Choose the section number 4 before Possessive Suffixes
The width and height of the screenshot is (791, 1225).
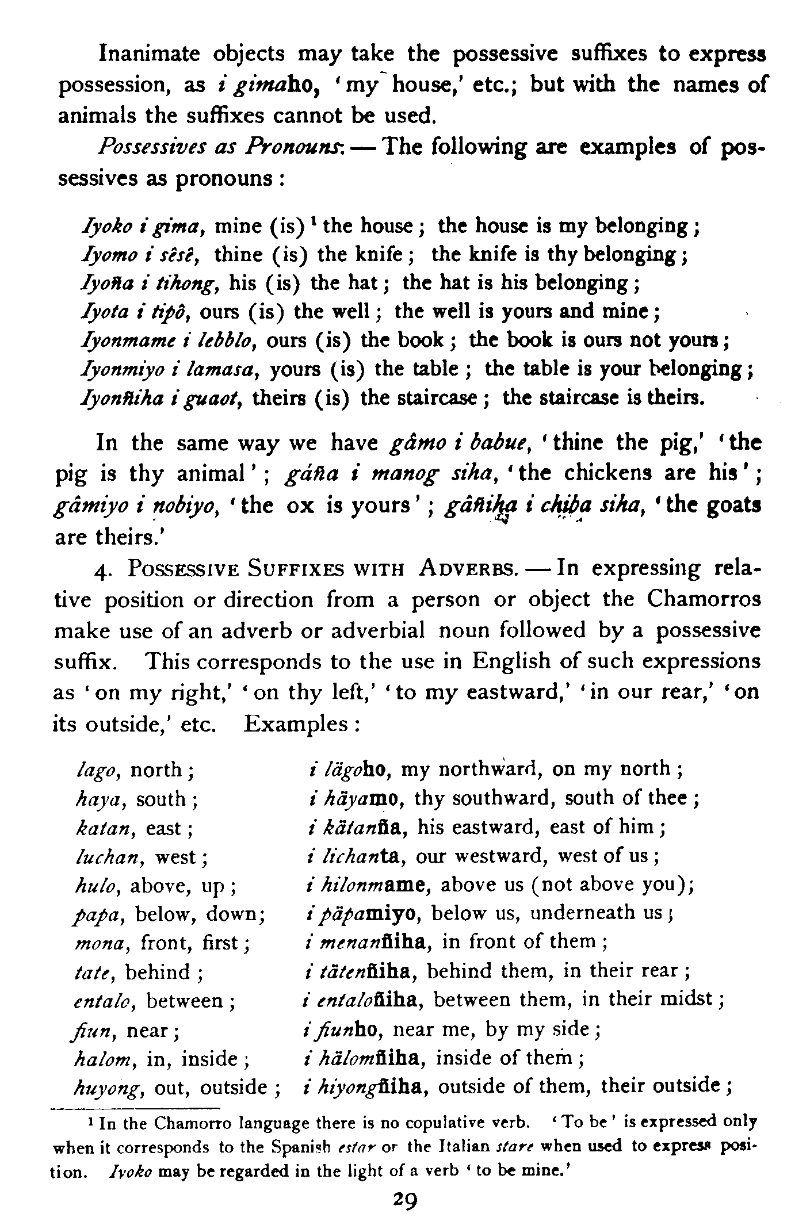coord(98,569)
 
